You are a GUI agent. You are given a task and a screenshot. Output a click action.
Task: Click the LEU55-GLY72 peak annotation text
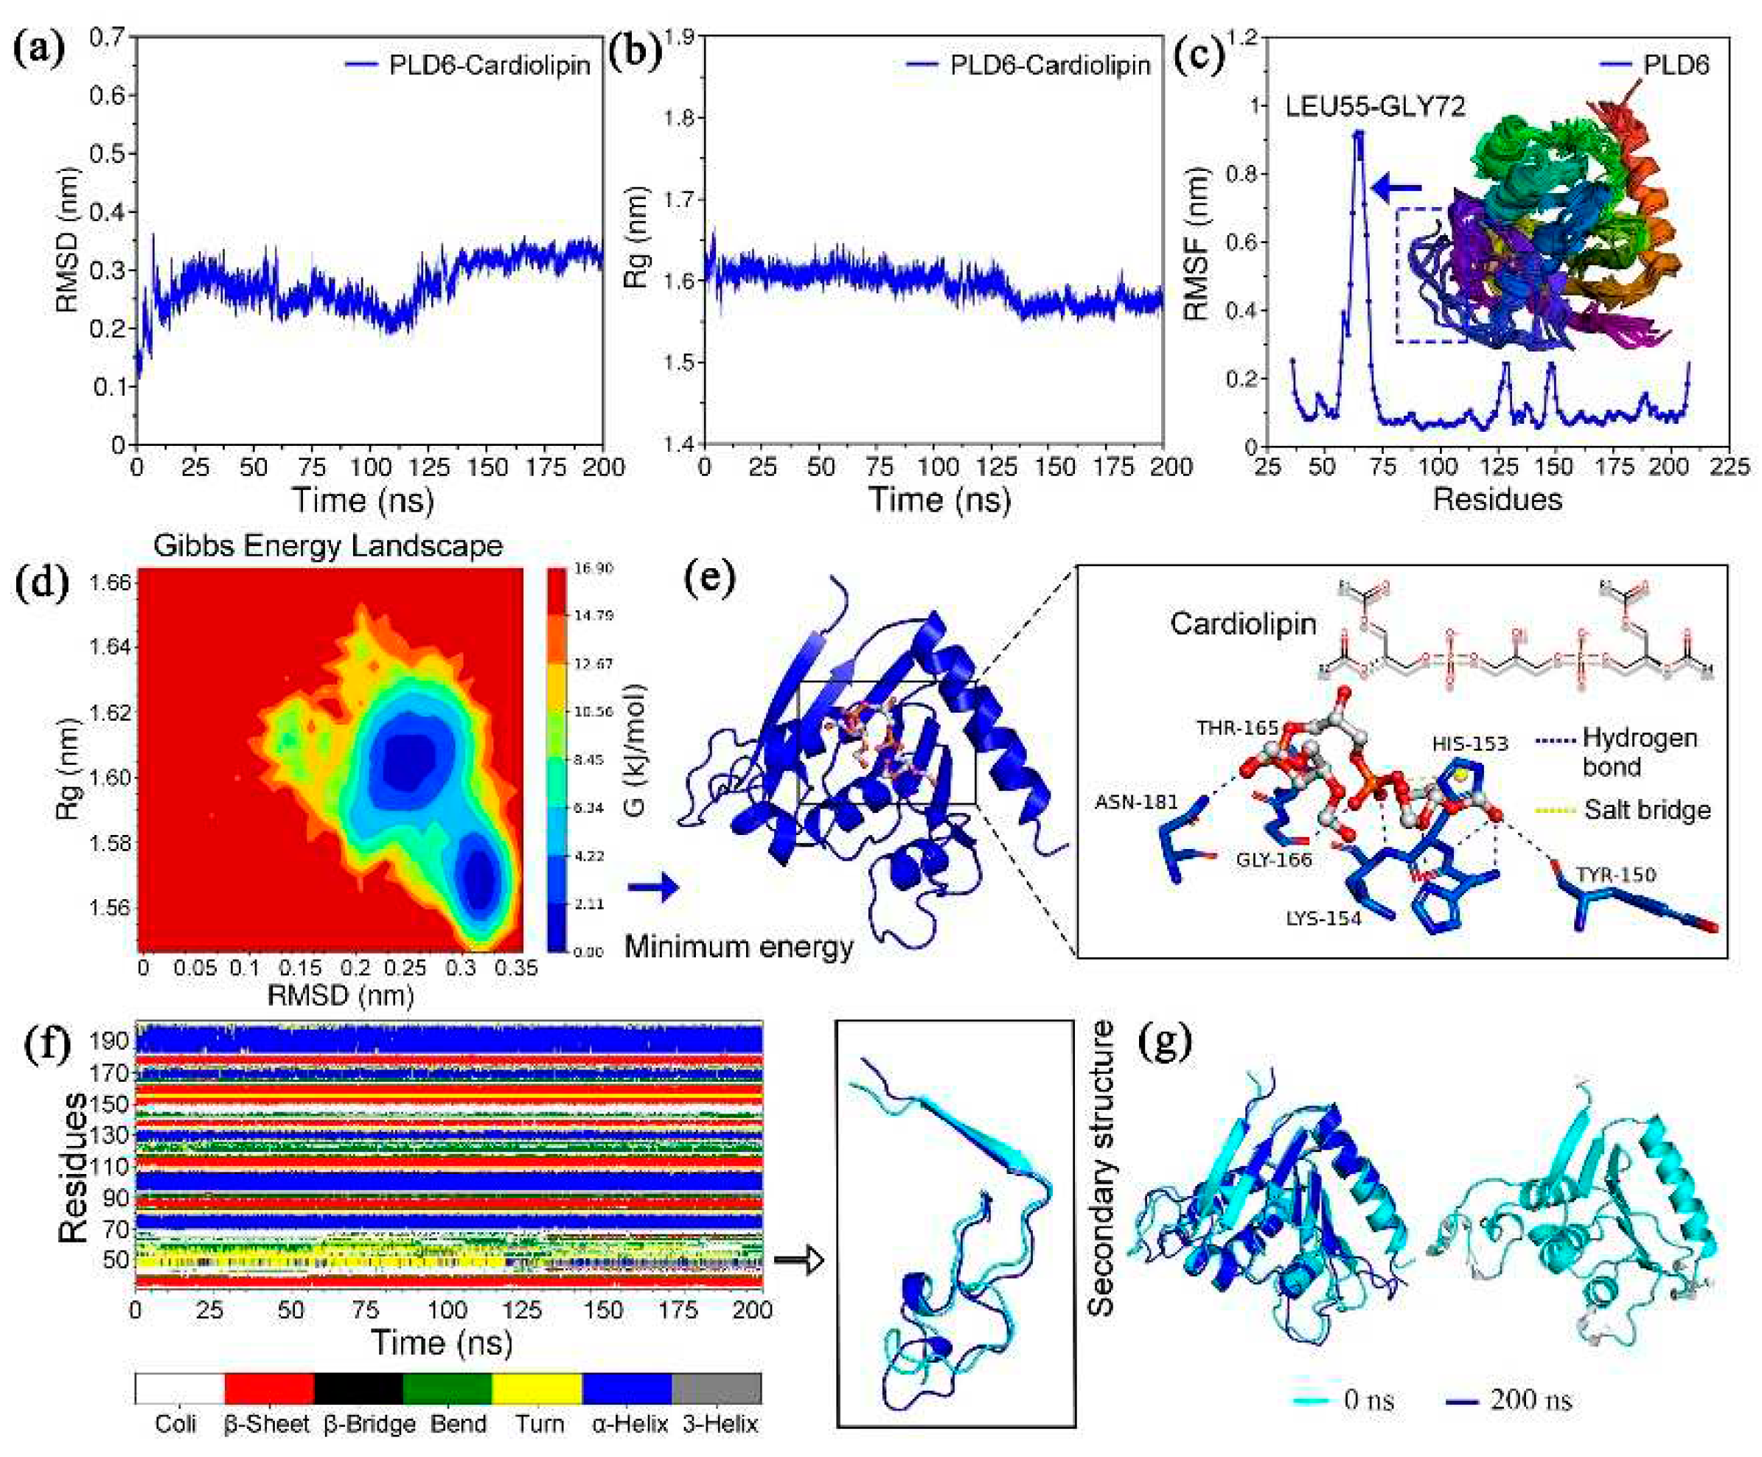coord(1375,107)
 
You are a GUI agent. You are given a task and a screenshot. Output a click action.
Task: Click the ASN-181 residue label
coord(1136,803)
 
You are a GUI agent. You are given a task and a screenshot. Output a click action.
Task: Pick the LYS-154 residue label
coord(1323,919)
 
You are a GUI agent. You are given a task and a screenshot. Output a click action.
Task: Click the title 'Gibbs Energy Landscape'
coord(328,546)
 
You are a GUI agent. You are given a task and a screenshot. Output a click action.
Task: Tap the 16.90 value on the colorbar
coord(593,569)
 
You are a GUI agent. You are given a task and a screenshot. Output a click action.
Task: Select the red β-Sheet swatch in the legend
coord(268,1388)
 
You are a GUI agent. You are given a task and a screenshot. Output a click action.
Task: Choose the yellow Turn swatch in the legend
coord(537,1388)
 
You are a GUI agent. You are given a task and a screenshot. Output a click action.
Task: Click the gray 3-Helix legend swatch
coord(717,1388)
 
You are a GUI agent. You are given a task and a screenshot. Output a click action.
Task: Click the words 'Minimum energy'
coord(739,947)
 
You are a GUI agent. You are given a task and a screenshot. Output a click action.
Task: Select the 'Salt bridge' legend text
coord(1647,810)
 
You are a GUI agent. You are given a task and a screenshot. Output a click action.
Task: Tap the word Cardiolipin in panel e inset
coord(1243,624)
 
